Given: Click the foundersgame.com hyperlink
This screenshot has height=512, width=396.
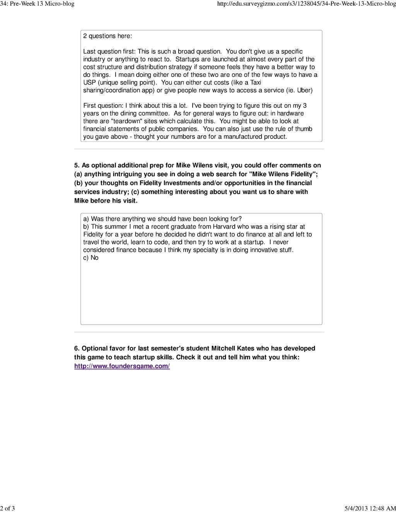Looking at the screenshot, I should (122, 366).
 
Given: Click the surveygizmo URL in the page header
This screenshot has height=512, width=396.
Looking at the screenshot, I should (307, 4).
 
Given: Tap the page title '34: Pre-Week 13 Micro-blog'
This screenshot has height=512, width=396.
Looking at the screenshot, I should (37, 4).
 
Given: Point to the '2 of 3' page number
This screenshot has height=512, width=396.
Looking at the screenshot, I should (7, 508).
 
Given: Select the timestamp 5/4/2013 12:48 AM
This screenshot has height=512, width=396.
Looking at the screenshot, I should (370, 508).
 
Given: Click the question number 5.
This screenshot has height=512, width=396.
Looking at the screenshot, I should (77, 165).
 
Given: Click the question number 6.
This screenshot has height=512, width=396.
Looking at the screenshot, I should (77, 348).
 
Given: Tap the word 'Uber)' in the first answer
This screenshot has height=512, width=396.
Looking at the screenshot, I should (305, 90).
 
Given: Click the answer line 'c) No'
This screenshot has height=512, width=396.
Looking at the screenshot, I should (91, 257).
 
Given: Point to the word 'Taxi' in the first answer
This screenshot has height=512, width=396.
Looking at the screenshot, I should (256, 82).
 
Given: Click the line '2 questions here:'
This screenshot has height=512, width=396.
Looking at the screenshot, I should (108, 36).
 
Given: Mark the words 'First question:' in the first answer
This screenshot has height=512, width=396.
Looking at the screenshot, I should (103, 105).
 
